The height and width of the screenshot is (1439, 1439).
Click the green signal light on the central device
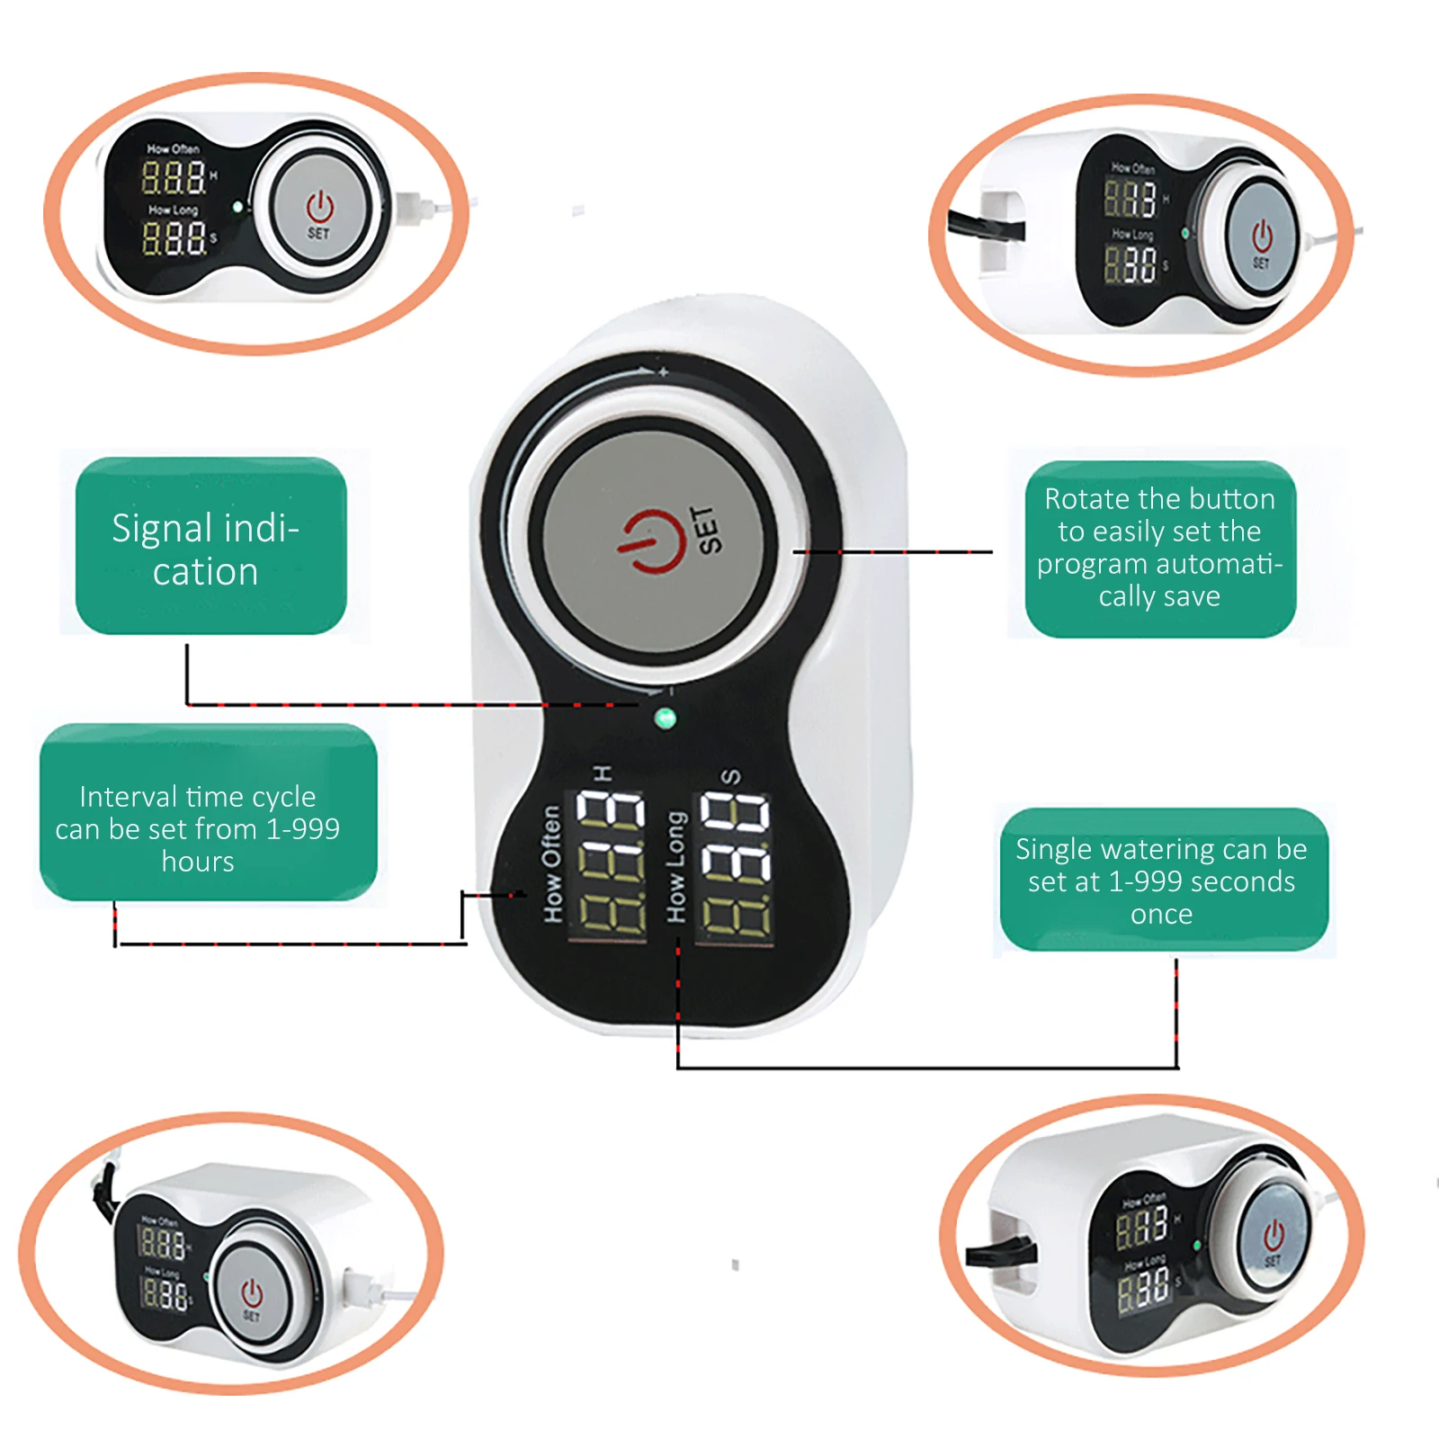665,718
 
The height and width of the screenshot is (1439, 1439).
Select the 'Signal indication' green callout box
210,547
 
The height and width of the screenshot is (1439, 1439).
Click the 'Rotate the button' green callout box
1159,549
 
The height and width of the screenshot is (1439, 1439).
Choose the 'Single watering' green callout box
1163,880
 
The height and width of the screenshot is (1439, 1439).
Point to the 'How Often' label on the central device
551,863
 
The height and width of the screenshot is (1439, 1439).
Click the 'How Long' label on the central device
675,866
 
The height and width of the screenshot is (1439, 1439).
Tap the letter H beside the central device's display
603,773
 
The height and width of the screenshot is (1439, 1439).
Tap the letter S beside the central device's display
731,776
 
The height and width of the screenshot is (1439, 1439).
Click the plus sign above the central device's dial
664,371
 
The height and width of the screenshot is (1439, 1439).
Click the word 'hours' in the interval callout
198,862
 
